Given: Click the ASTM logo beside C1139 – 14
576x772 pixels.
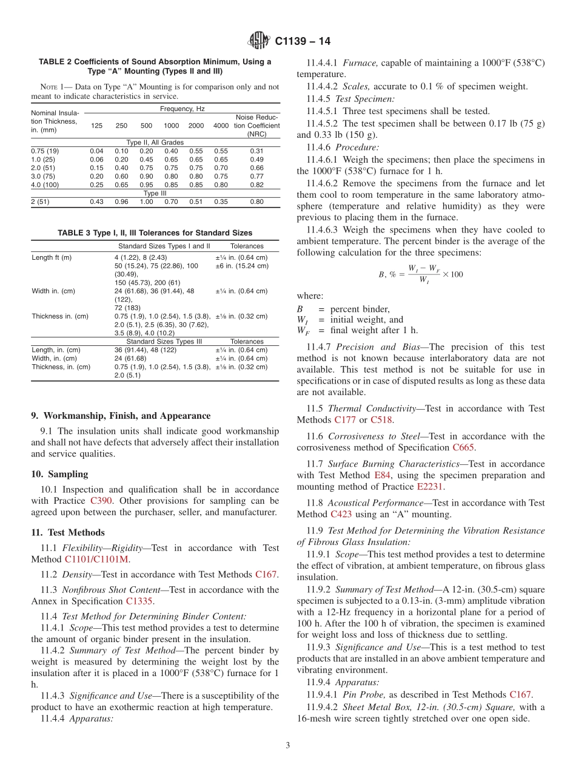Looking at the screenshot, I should click(260, 41).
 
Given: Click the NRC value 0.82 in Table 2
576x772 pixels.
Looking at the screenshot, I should click(256, 185).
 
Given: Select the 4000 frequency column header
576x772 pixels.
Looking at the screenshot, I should click(221, 126).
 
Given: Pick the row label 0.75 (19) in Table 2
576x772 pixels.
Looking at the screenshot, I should click(45, 151).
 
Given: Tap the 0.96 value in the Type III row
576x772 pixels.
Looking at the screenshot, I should click(121, 201).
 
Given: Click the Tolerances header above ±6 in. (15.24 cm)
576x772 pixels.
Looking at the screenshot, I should click(247, 246).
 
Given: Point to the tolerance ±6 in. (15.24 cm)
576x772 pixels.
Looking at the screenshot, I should click(241, 266).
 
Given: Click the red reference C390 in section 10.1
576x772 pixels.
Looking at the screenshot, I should click(101, 501).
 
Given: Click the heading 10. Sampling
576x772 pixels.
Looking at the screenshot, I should click(59, 474).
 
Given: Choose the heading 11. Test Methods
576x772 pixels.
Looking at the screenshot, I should click(68, 532).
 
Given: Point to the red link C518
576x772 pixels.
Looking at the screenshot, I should click(382, 419).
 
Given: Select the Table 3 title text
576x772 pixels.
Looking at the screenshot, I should click(155, 232).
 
